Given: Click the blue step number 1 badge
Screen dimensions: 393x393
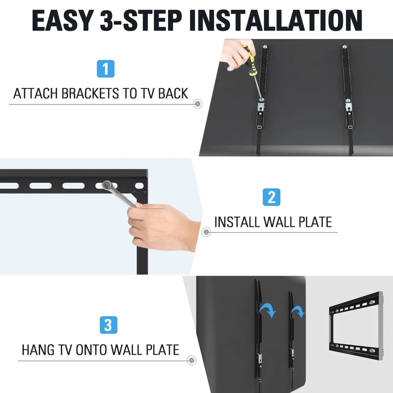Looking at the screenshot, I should tap(106, 68).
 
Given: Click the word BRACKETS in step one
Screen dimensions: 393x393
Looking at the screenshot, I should tap(94, 93).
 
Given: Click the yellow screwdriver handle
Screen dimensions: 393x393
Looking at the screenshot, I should tap(250, 61).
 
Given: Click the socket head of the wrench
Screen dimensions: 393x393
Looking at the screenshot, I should tap(107, 186).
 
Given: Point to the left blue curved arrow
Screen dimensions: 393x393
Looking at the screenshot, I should tap(268, 309).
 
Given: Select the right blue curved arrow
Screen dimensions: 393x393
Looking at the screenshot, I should tap(298, 311).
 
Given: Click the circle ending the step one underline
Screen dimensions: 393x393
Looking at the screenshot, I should tap(197, 104).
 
